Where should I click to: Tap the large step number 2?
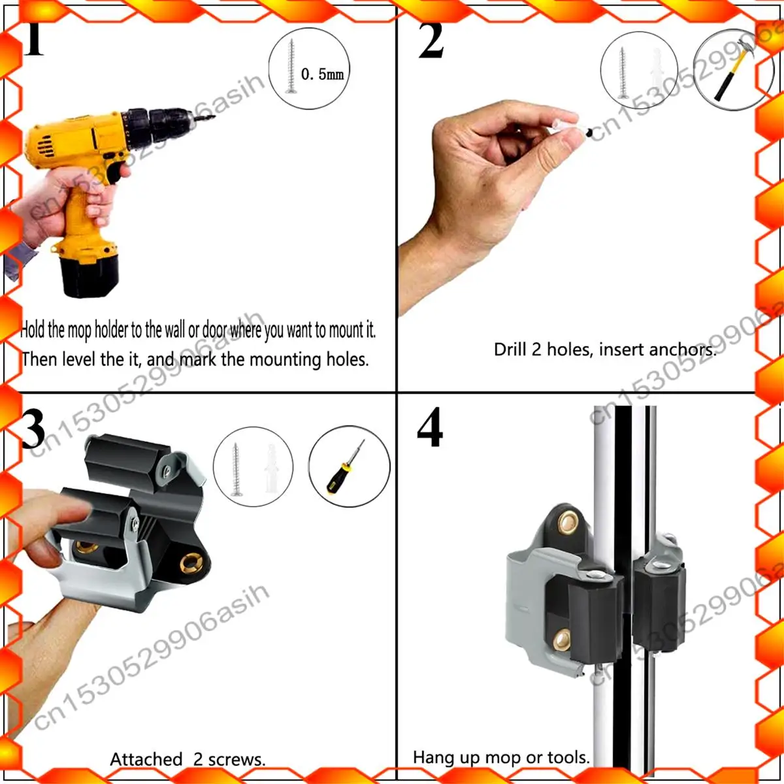(x=431, y=41)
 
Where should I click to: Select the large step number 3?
(x=33, y=429)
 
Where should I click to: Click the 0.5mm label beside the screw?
(x=322, y=74)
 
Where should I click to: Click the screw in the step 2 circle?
(x=623, y=73)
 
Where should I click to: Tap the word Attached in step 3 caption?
(x=146, y=759)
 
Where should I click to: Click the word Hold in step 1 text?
(x=33, y=329)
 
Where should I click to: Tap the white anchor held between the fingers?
(x=565, y=126)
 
